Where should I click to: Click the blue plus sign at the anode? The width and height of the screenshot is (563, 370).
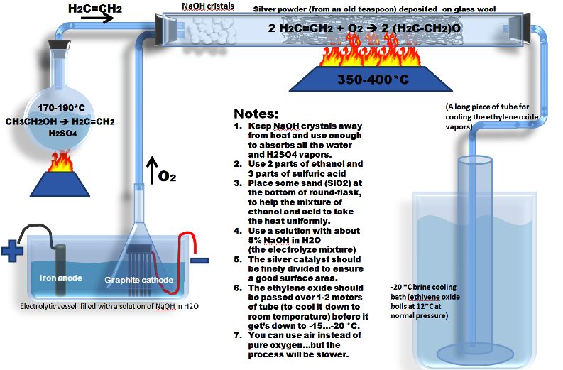[x=12, y=252]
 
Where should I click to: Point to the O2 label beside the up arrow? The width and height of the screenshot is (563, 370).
[x=168, y=175]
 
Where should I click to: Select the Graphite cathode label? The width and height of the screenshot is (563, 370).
[x=138, y=280]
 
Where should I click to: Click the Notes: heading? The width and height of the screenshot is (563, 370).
[x=257, y=113]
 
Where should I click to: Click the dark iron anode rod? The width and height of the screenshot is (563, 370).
[x=58, y=265]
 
